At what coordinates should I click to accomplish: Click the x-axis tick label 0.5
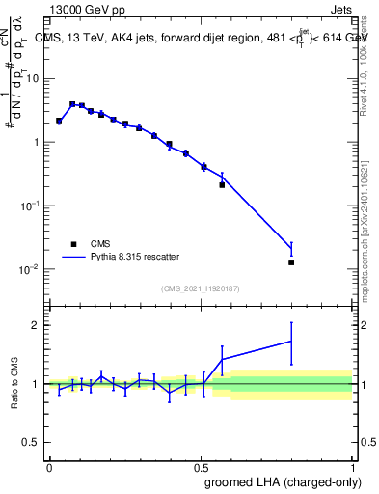(x=201, y=467)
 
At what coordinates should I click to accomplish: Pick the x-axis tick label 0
(x=49, y=467)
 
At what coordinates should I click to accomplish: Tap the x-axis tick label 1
(x=352, y=467)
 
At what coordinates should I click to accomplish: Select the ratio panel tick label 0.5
(x=33, y=443)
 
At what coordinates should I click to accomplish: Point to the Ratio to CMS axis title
(x=14, y=383)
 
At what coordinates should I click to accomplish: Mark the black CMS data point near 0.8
(x=291, y=261)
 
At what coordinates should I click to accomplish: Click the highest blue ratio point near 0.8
(x=291, y=341)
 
